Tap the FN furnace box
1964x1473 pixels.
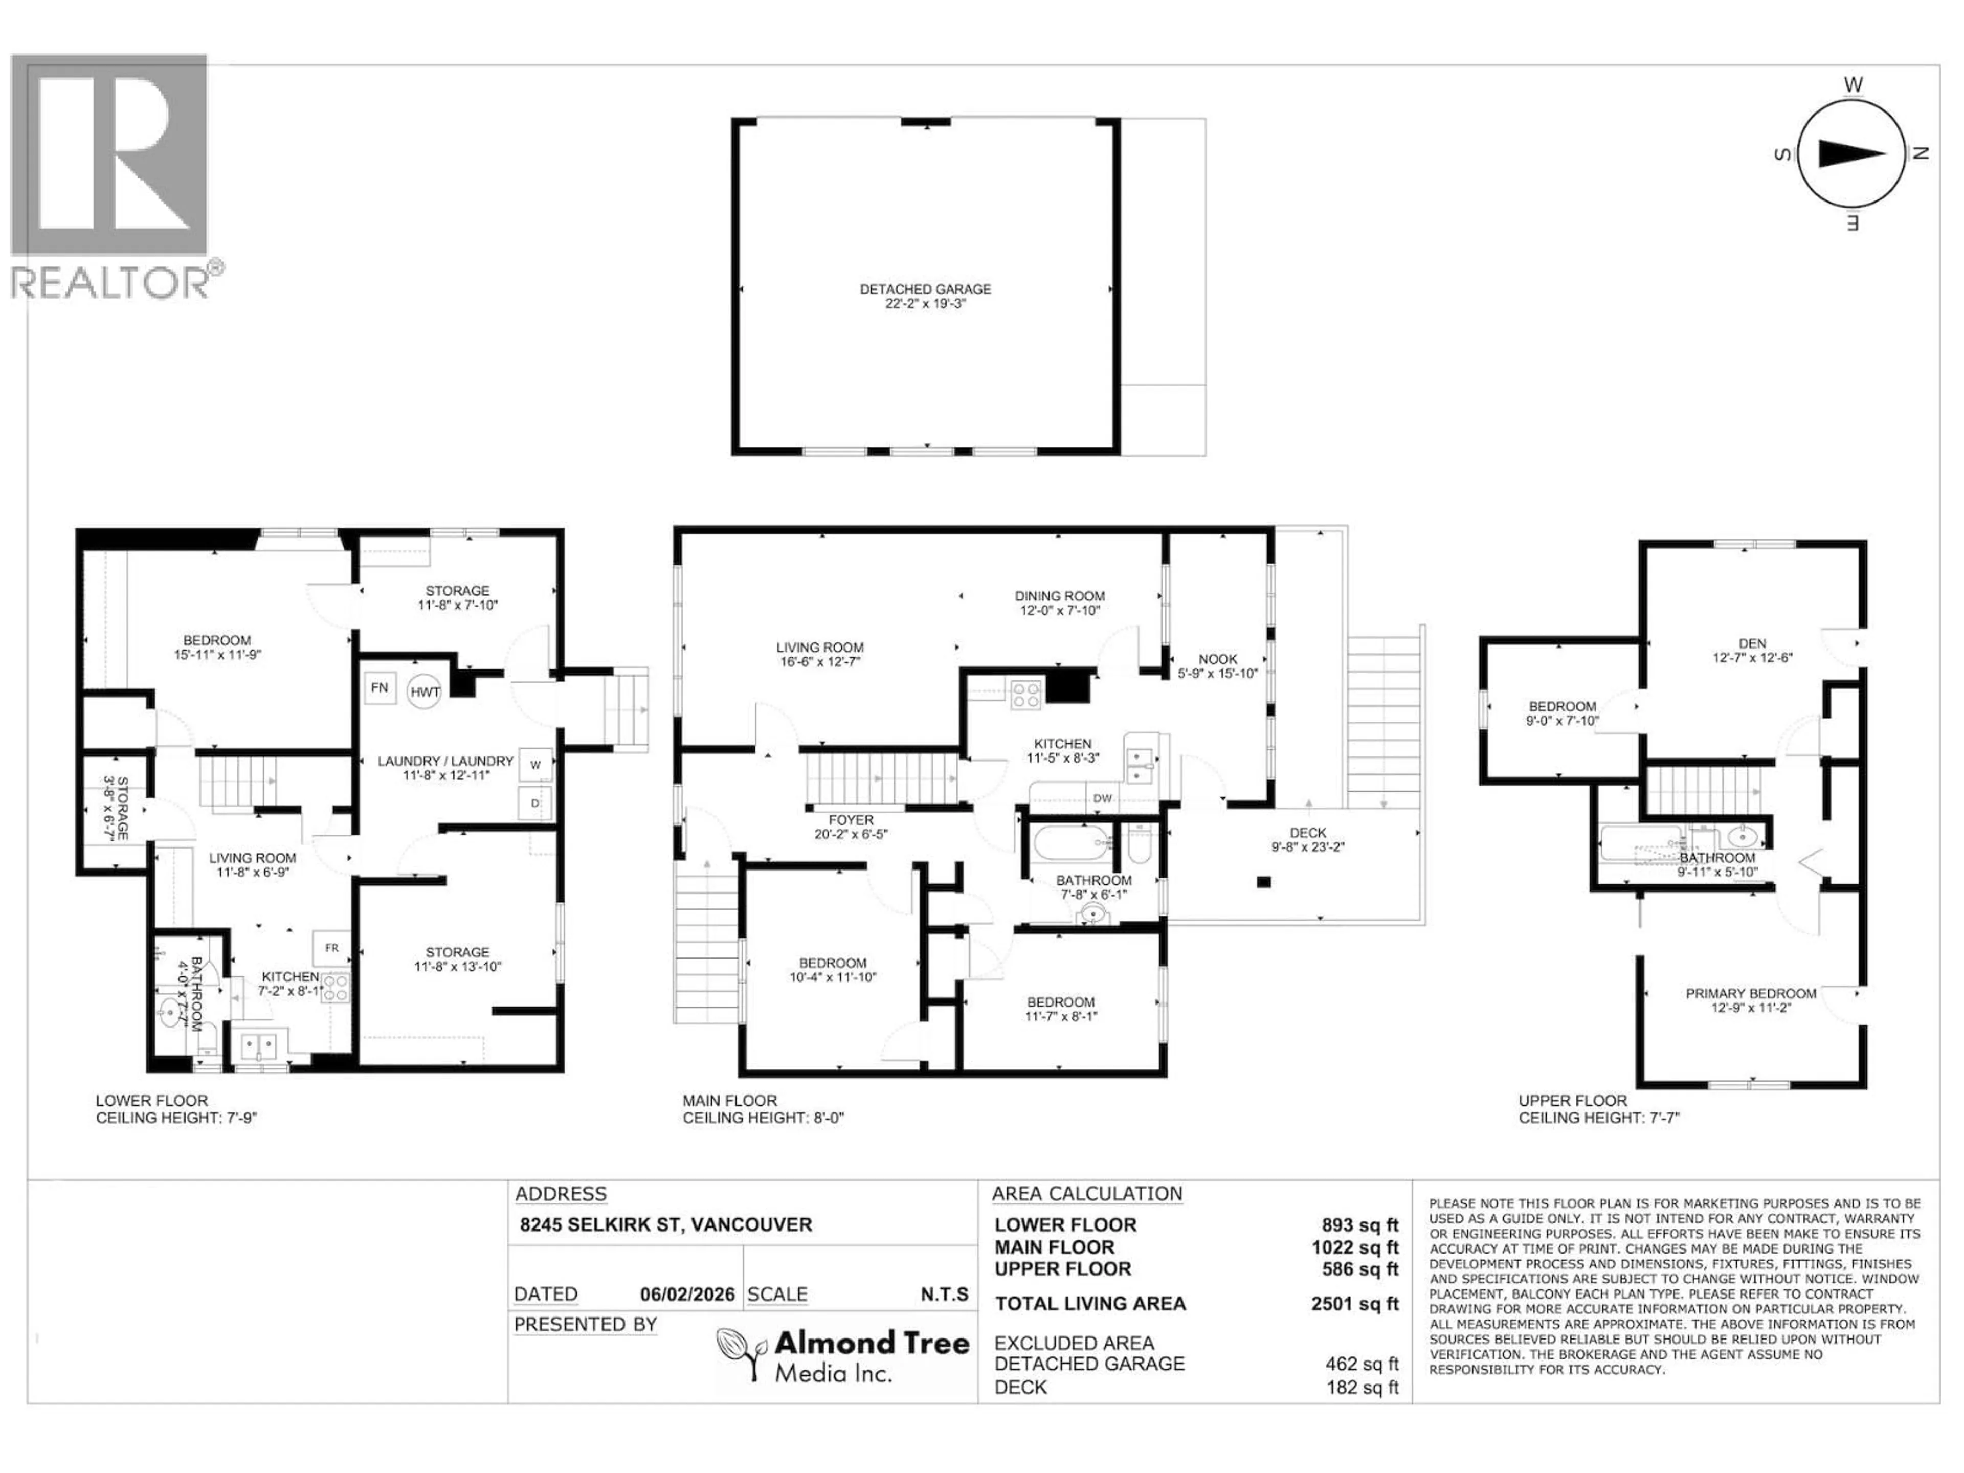379,688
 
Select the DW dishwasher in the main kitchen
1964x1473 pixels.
1102,798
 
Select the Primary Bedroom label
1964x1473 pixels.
1750,1000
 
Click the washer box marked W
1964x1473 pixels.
535,765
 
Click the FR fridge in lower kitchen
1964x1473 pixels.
331,948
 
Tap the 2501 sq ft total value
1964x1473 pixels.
1354,1303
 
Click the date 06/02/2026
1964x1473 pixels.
687,1295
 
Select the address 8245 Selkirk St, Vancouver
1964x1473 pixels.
666,1224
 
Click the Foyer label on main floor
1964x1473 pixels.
851,827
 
